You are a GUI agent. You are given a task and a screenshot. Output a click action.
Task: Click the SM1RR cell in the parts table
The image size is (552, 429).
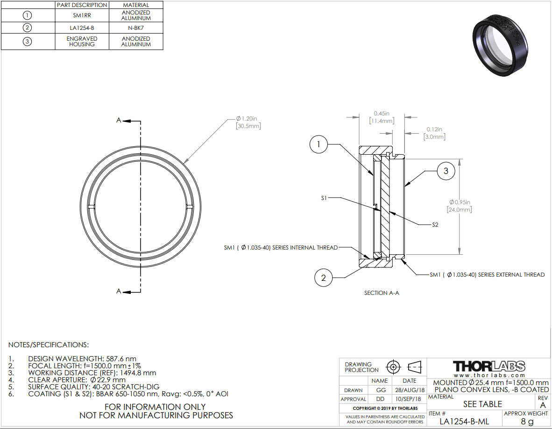coord(82,15)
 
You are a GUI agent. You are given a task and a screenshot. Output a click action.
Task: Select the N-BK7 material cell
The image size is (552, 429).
coord(136,28)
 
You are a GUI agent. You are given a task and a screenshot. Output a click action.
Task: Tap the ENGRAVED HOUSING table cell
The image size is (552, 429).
coord(82,42)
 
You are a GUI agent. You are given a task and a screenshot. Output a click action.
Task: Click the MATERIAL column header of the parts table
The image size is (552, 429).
coord(136,5)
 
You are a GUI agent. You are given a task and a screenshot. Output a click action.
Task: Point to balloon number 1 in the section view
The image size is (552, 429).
coord(318,144)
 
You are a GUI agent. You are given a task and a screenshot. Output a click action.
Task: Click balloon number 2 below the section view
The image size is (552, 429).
coord(323,278)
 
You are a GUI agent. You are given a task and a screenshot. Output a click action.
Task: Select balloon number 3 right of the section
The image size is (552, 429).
coord(446,171)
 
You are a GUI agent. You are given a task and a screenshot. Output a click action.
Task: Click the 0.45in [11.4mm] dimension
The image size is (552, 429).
coord(382,117)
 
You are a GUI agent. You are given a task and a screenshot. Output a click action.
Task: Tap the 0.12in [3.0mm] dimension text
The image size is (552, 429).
coord(434,133)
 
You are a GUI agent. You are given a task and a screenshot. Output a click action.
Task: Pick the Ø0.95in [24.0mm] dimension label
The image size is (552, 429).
coord(460,206)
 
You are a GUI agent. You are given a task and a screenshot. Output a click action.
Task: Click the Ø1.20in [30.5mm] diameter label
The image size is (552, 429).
coord(248,122)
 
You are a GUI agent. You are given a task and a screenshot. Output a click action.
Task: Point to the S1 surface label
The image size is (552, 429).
coord(324,198)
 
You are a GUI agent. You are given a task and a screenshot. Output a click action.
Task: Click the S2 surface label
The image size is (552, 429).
coord(435,225)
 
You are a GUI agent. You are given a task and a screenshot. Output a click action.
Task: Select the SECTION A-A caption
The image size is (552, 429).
coord(382,293)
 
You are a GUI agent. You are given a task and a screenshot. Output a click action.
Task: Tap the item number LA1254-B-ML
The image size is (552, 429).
coord(464,421)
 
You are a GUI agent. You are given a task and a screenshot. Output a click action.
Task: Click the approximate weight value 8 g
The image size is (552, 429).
coord(527,421)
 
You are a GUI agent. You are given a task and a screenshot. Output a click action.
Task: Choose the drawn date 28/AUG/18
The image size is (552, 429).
coord(410,390)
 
